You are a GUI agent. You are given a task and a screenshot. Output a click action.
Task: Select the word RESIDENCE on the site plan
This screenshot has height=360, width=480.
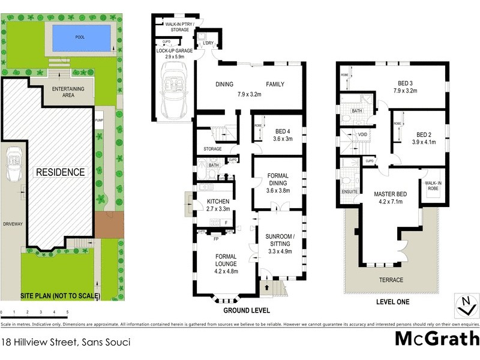(x=61, y=172)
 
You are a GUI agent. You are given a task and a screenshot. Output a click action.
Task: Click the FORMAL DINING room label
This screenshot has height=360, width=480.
(x=278, y=182)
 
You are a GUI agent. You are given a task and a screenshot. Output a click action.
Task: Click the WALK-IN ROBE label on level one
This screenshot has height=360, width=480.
(x=433, y=185)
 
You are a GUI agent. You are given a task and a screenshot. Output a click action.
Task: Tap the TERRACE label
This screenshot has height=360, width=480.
(x=390, y=280)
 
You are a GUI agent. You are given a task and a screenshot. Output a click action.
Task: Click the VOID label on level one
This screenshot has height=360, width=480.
(x=362, y=134)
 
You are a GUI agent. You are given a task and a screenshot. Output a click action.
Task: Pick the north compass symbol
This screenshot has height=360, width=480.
(x=463, y=305)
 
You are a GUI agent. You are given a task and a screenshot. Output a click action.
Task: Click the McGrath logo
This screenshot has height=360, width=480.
(x=437, y=339)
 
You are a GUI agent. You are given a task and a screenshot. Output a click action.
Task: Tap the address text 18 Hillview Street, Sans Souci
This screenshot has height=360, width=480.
(x=66, y=343)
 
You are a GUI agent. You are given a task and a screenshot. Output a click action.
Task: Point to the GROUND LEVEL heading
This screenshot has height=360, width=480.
(x=247, y=311)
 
